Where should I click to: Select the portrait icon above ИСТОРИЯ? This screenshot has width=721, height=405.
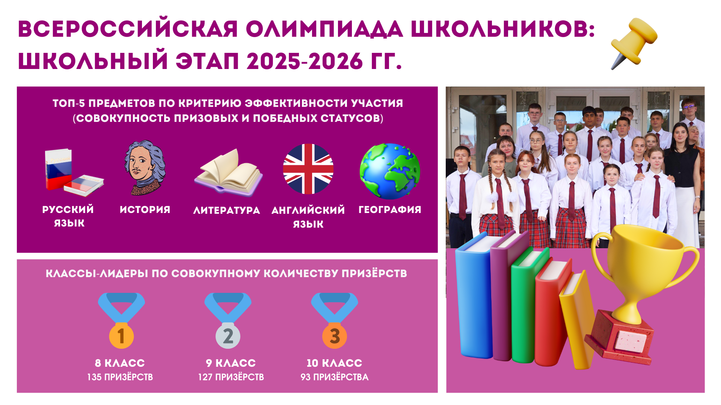click(145, 168)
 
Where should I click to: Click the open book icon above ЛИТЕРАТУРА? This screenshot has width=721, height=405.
click(228, 172)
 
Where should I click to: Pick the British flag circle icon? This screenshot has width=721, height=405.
click(308, 169)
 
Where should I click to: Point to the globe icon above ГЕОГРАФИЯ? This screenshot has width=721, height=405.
click(390, 171)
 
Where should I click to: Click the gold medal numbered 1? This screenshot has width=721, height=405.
click(121, 321)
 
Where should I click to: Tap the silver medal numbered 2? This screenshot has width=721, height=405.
click(228, 321)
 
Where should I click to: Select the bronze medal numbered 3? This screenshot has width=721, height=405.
click(335, 321)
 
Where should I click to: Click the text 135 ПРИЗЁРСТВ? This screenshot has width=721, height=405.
click(120, 377)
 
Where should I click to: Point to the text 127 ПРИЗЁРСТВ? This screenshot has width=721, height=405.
click(231, 377)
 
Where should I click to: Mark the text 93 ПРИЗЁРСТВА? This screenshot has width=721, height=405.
click(335, 377)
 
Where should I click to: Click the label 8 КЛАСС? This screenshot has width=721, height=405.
click(120, 363)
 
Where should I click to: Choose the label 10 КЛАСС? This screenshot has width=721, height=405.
click(335, 363)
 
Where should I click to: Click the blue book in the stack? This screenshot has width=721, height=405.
click(474, 296)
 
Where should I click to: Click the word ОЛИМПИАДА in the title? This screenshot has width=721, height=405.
click(324, 29)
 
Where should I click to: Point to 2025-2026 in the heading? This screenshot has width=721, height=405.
click(305, 61)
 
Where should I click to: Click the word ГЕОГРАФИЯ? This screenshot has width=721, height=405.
click(390, 210)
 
